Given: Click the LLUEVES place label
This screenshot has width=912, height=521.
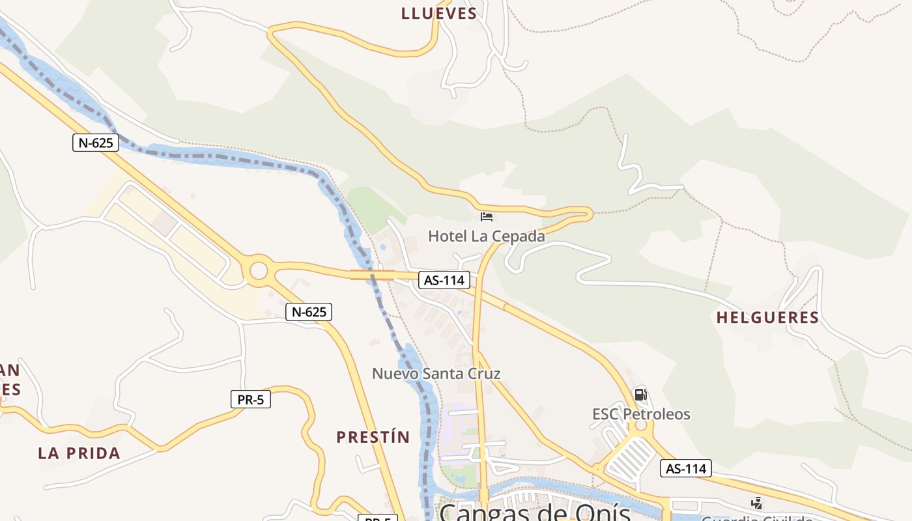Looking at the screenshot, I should tap(439, 13).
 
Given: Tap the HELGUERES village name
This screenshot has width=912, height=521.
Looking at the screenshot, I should tap(767, 318).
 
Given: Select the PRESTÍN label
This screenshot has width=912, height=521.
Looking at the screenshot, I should tap(373, 437).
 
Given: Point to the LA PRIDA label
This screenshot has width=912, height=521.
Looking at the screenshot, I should tap(79, 453).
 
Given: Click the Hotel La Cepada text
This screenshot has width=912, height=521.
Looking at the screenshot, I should tap(486, 236).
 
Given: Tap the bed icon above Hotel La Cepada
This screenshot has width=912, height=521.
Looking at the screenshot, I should tap(486, 216).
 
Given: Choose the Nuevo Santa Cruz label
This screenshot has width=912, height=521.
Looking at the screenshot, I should tap(436, 374).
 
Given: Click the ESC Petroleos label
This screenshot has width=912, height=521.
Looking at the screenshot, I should tap(641, 414).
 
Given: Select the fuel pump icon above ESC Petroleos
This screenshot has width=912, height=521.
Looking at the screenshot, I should tap(640, 395).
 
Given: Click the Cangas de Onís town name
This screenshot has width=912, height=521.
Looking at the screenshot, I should tap(534, 512).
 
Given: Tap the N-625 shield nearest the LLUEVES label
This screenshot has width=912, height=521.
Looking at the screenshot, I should tap(95, 143).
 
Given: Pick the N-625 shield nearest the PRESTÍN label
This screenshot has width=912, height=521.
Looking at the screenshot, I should tap(309, 312).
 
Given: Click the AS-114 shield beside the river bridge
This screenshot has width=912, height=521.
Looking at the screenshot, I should tap(444, 280).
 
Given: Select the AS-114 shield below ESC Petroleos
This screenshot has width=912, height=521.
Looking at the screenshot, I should tap(685, 468).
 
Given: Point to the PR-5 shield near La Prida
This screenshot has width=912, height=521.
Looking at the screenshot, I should tap(250, 399).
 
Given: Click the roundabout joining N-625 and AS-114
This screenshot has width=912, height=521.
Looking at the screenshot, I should tap(259, 270).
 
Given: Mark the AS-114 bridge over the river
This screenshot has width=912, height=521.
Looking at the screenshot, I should tap(373, 275).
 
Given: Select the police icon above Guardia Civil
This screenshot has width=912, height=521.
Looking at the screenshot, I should tap(756, 503).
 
